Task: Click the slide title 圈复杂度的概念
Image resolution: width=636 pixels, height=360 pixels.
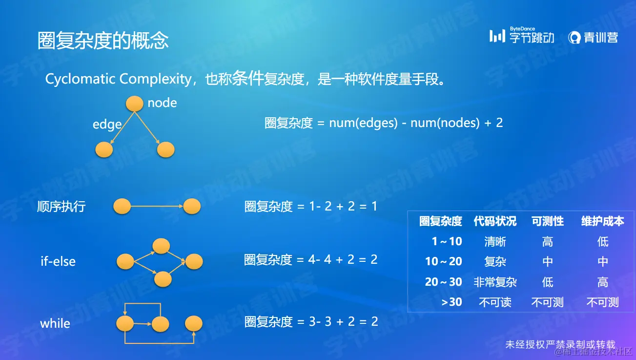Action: (x=103, y=41)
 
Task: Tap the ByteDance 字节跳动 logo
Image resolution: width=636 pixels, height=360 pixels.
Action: (x=522, y=35)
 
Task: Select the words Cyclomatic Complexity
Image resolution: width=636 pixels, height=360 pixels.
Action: (x=119, y=79)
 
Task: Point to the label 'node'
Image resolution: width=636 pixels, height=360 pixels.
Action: (x=162, y=103)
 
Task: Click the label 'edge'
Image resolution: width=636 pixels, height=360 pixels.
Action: (x=107, y=125)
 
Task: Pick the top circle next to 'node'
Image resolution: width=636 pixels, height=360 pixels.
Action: (x=134, y=104)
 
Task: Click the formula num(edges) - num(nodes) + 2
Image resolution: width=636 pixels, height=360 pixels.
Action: (x=416, y=123)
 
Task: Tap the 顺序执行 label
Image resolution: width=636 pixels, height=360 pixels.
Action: (x=62, y=207)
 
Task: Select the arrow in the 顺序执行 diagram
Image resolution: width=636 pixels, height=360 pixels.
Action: (x=157, y=206)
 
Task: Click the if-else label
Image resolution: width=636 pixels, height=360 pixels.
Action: (x=58, y=261)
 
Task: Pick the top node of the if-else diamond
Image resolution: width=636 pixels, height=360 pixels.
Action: (x=161, y=246)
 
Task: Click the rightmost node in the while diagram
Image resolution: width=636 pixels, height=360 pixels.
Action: (x=194, y=323)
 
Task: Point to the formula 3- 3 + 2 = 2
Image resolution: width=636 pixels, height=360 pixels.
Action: (x=344, y=321)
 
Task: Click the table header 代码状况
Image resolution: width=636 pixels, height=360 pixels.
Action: (x=495, y=221)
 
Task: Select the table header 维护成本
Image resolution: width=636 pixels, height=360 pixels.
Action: (x=602, y=221)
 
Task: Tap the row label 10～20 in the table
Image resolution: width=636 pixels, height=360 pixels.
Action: (x=444, y=261)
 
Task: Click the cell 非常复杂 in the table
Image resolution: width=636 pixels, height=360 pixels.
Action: (x=495, y=282)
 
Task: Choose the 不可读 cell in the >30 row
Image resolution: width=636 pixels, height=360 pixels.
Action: (x=495, y=302)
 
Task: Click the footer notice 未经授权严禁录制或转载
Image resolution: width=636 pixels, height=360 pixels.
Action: (x=560, y=345)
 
